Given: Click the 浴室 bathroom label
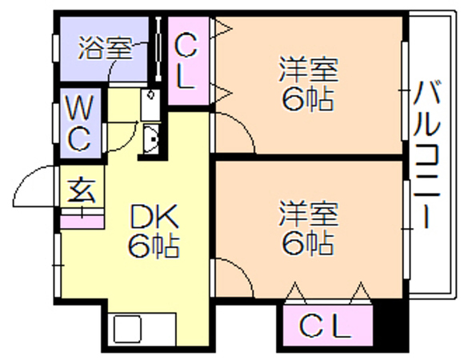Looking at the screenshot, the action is [106, 48].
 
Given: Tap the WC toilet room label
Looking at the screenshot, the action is [79, 123].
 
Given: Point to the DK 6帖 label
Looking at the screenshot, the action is [154, 231].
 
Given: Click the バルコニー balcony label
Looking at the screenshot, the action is [426, 154].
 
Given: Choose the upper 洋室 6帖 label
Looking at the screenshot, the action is [308, 84].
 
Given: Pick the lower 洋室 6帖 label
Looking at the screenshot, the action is [308, 228].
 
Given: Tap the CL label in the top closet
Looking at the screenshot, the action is [186, 61].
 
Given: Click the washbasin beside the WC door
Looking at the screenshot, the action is [151, 139].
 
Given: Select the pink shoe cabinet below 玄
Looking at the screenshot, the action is [82, 222].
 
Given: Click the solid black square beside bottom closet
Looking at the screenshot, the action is [390, 326].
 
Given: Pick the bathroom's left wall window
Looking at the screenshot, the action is [56, 49].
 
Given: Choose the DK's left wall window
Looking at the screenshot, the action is [58, 265].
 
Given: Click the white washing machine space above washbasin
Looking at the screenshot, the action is [150, 105].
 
